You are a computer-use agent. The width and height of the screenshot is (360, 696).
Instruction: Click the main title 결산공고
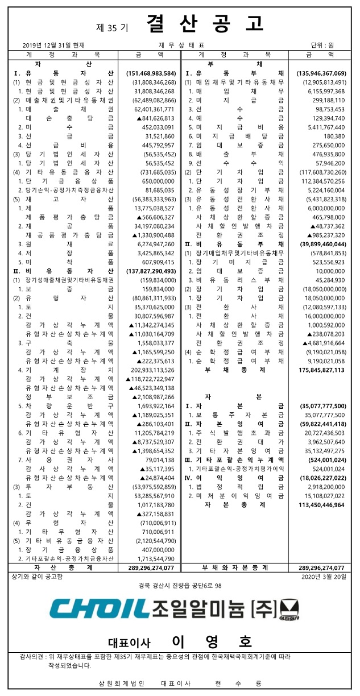click(x=205, y=24)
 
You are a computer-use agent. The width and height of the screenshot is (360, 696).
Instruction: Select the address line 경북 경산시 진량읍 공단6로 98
click(x=180, y=585)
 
